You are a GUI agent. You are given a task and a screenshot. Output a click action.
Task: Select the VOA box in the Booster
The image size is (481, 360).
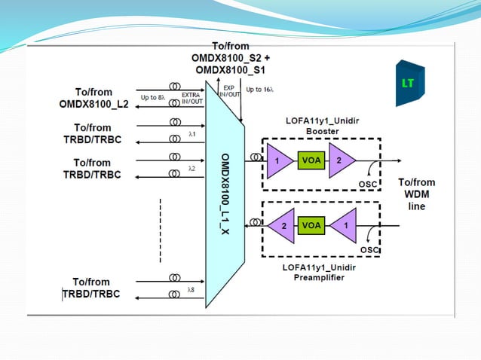[x=311, y=160]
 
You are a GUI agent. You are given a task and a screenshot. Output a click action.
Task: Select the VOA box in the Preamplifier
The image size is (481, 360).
[x=311, y=224]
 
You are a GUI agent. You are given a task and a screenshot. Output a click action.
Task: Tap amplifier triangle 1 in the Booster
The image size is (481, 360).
[x=277, y=160]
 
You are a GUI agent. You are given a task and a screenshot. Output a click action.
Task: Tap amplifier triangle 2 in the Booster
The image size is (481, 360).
[x=340, y=160]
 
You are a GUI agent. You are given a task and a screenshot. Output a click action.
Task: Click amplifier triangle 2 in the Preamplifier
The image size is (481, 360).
[x=283, y=224]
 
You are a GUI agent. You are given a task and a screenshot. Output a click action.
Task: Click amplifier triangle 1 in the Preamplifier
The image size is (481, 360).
[x=345, y=224]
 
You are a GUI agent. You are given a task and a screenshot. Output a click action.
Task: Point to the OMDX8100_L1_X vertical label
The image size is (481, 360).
[x=225, y=192]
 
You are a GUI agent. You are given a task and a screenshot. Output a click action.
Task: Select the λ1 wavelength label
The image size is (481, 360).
[x=191, y=133]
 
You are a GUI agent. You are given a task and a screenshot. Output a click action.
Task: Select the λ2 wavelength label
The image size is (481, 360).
[x=191, y=168]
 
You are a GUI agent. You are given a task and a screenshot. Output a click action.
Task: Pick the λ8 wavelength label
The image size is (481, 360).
[x=191, y=288]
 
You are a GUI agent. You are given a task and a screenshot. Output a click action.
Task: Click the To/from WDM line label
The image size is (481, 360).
[x=416, y=194]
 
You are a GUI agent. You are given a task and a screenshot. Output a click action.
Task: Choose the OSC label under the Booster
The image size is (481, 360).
[x=369, y=184]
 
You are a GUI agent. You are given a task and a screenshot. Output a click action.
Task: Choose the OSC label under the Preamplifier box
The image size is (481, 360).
[x=369, y=249]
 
